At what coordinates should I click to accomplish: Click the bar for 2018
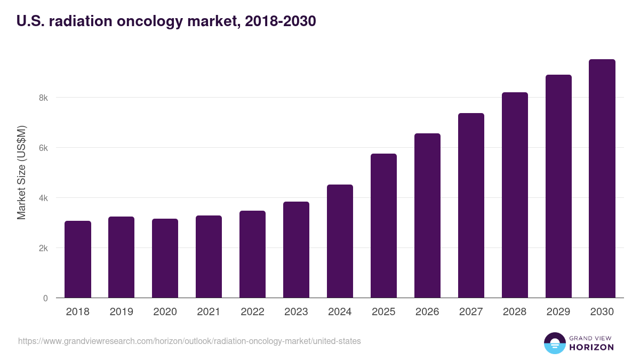(x=78, y=259)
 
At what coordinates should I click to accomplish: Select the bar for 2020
(x=165, y=258)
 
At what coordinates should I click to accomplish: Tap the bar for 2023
(x=296, y=250)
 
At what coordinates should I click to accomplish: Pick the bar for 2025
(x=383, y=226)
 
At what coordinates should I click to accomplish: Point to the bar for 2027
(x=471, y=205)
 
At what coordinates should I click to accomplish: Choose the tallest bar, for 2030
(x=602, y=179)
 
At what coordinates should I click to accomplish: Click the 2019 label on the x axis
(x=121, y=311)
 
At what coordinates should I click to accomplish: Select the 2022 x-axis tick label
(x=252, y=311)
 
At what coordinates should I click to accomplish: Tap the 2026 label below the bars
(x=427, y=311)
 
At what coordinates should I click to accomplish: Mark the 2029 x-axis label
(x=558, y=311)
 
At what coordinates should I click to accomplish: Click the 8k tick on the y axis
(x=43, y=98)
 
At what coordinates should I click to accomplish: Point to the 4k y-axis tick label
(x=43, y=198)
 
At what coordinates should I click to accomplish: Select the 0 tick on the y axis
(x=45, y=298)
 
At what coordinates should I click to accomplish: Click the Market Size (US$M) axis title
(x=21, y=172)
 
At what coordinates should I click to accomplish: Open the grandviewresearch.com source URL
(x=189, y=341)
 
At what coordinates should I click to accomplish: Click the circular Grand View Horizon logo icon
(x=554, y=343)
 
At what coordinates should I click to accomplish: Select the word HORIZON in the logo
(x=591, y=347)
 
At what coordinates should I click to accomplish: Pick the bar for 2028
(x=515, y=195)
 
